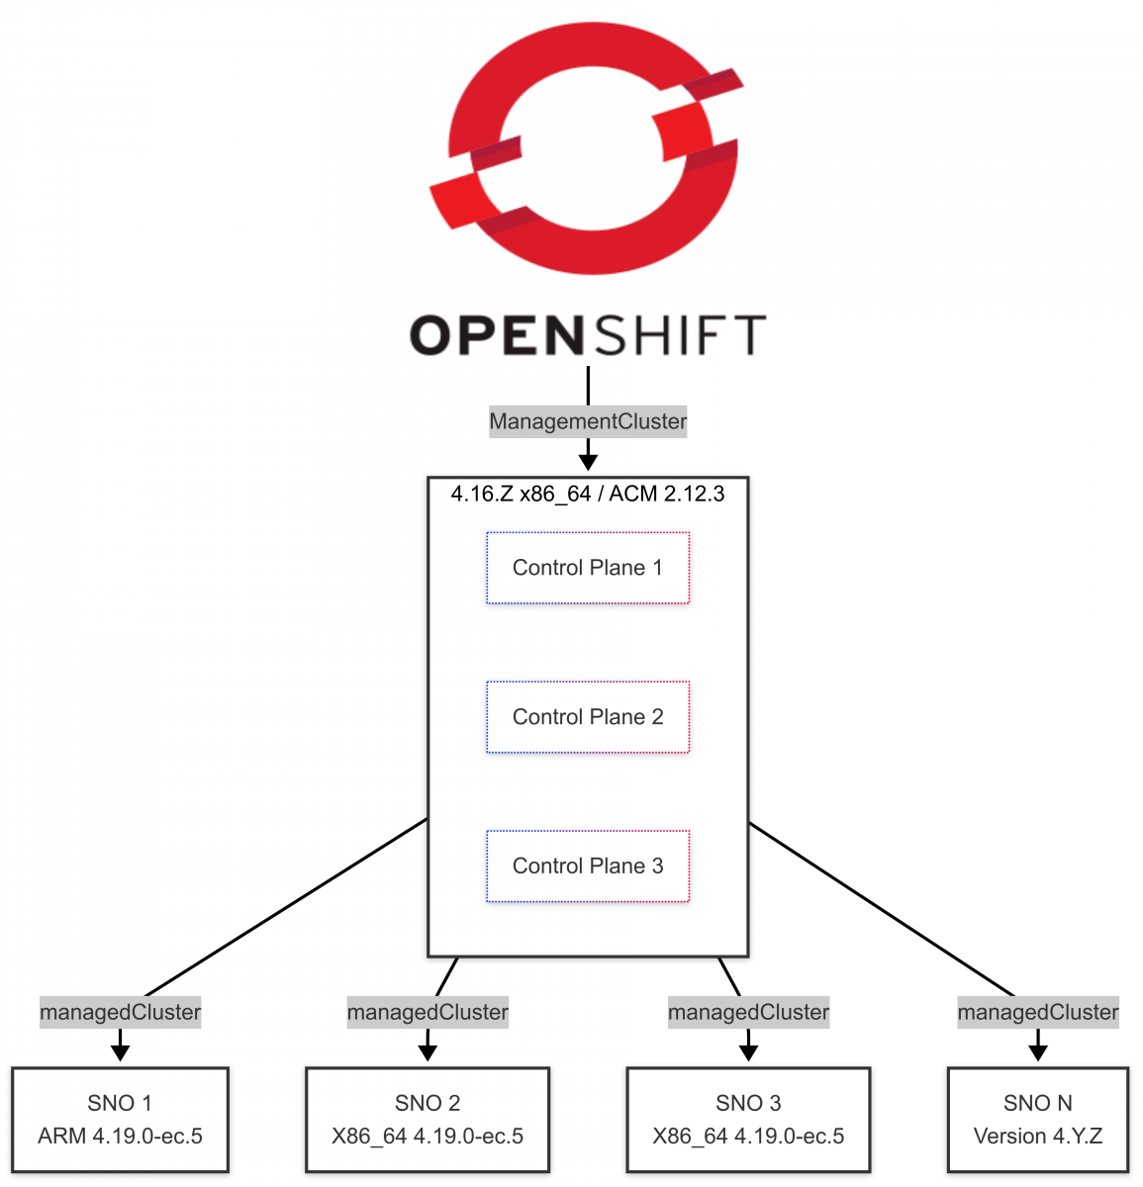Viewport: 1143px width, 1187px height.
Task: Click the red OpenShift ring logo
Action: (584, 148)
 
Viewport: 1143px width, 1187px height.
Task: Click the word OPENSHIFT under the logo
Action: (588, 336)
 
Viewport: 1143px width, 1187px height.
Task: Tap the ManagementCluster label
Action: (588, 421)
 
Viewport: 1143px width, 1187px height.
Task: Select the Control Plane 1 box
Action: (588, 568)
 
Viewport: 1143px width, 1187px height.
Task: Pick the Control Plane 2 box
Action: (588, 717)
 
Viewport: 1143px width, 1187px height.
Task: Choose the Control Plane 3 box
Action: (588, 867)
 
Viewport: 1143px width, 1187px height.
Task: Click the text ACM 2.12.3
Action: (666, 494)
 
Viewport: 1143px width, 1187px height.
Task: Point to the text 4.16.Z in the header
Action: (482, 494)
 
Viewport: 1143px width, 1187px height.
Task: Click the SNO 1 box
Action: (120, 1119)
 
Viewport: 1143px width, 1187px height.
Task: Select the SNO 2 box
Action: (428, 1119)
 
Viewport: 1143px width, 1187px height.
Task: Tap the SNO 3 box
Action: (748, 1119)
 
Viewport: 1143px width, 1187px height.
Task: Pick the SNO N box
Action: (1037, 1119)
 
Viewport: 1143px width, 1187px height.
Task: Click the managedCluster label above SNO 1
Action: (120, 1012)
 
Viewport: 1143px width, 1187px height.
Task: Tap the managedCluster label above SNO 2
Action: (428, 1012)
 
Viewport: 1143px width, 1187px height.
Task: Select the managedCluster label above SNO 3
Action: (748, 1012)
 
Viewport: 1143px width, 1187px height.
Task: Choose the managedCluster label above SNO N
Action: (1037, 1012)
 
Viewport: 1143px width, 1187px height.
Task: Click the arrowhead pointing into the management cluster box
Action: (588, 461)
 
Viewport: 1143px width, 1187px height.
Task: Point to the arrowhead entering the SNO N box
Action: (1037, 1051)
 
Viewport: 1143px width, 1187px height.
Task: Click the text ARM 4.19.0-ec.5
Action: (120, 1136)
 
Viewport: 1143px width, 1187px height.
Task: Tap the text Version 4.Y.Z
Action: (1037, 1136)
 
